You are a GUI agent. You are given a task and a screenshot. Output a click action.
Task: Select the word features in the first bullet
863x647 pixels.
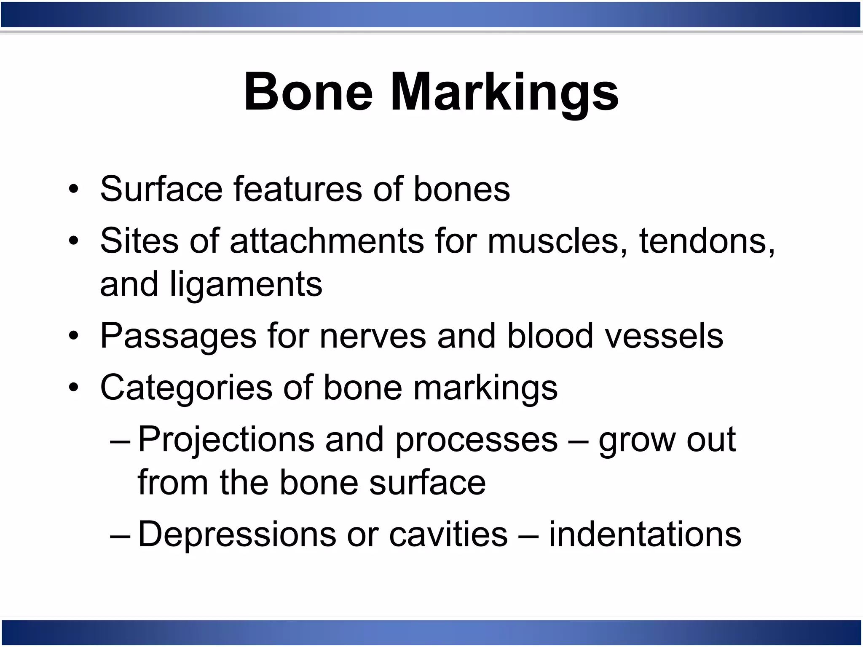click(297, 189)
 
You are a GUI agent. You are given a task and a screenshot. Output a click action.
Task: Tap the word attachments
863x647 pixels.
click(327, 241)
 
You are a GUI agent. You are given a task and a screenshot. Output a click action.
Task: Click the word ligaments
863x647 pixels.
click(246, 284)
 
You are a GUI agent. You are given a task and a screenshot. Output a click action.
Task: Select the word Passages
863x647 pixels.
click(178, 336)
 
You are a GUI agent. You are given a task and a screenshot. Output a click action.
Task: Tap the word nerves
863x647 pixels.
click(373, 336)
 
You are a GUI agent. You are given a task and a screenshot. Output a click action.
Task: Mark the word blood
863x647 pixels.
click(549, 336)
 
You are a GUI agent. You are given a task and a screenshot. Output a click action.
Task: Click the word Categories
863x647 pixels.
click(186, 388)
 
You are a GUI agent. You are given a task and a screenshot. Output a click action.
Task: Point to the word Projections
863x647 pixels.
click(226, 439)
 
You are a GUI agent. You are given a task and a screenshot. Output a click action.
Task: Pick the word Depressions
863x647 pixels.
click(237, 534)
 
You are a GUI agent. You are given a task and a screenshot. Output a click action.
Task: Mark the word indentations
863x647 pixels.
click(645, 534)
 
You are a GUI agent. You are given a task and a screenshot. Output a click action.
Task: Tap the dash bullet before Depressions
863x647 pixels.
click(120, 534)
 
